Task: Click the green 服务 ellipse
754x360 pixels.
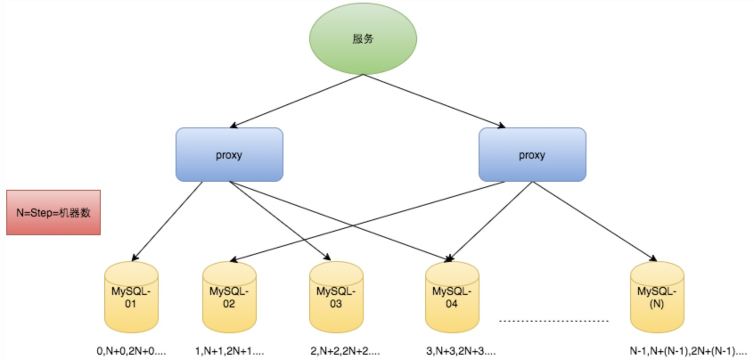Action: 363,39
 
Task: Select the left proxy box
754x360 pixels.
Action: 229,155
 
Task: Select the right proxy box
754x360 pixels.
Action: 532,155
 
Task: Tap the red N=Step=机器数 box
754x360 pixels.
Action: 53,212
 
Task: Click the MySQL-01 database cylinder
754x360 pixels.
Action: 131,297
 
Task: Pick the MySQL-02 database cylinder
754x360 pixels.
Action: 229,297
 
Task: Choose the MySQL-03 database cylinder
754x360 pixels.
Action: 336,297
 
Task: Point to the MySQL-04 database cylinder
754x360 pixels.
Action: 452,297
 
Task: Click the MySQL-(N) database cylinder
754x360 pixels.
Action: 657,297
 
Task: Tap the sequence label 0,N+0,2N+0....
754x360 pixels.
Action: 131,351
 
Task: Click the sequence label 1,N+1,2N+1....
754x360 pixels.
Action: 229,351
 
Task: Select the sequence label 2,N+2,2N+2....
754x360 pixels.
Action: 345,351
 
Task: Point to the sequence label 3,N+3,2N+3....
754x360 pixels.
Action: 461,351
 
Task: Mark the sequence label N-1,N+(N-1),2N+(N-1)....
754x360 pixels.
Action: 688,351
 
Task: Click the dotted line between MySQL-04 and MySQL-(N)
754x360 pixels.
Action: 554,321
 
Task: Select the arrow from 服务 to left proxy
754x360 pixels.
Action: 296,101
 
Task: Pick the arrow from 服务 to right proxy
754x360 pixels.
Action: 434,101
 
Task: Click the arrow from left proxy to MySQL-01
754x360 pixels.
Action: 167,221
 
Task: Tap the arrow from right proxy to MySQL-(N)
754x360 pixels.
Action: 595,221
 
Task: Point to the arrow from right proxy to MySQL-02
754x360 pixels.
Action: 368,221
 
